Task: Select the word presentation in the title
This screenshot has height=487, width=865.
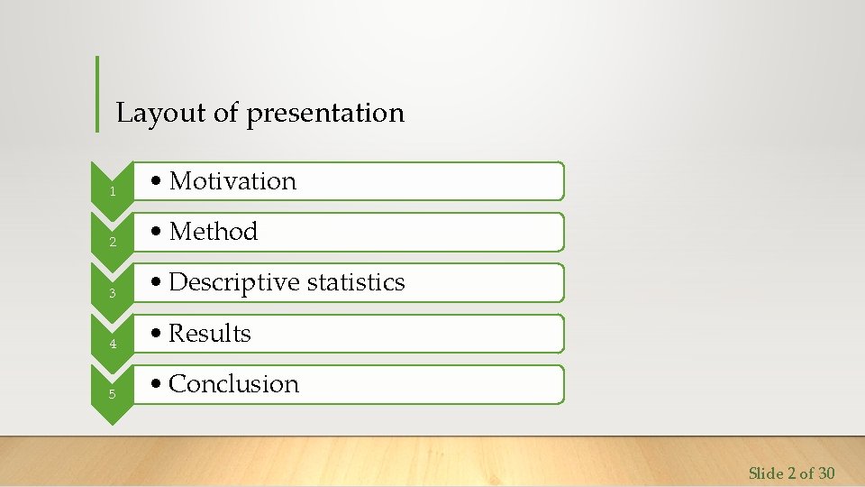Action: (x=325, y=114)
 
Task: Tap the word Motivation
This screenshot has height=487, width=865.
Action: (x=232, y=181)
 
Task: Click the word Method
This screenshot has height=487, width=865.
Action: (x=214, y=232)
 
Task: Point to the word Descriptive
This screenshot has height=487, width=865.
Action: (x=234, y=282)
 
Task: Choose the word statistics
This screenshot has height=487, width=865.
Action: (x=356, y=282)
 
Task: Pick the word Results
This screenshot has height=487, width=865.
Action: (x=210, y=334)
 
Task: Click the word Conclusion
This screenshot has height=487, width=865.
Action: (x=233, y=384)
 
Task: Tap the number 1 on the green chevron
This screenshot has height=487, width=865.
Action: (x=113, y=192)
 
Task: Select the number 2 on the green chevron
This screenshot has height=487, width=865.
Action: (x=113, y=243)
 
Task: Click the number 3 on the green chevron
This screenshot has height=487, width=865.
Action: (x=113, y=293)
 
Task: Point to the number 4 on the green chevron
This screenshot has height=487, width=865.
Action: (x=113, y=344)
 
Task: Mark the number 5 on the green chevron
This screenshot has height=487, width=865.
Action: (x=113, y=394)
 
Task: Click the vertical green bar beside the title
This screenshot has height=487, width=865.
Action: (x=97, y=94)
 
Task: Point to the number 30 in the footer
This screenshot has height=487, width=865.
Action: (x=825, y=473)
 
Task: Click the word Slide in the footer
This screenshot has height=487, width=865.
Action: (x=766, y=473)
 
